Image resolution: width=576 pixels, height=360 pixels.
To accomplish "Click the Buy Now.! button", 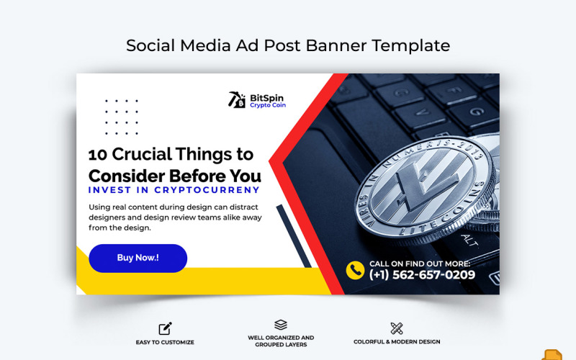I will point(138,258).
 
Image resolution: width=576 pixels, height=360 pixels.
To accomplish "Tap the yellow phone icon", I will point(355,270).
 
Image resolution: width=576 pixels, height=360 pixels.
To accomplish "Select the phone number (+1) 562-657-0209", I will point(422,275).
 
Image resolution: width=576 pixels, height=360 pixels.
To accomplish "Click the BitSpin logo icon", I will point(237,99).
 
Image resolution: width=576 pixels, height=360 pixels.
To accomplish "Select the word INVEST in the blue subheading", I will point(109,191).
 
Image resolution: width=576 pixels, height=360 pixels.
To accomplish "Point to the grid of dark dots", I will point(121,117).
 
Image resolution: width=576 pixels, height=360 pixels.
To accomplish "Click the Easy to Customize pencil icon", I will point(165,328).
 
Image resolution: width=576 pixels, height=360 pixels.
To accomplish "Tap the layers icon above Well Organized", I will point(281,325).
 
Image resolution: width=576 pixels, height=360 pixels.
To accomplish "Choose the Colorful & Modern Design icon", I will point(396,328).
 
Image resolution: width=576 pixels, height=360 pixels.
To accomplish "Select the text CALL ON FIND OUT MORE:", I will point(420,264).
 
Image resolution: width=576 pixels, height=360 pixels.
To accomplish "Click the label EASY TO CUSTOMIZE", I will point(165,342).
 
